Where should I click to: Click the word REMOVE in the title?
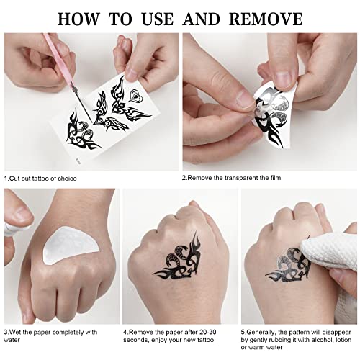tap(266, 19)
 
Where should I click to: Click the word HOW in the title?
tap(78, 19)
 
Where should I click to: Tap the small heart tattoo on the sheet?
tap(135, 96)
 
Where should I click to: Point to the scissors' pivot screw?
tap(76, 90)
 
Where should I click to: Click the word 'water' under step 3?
tap(12, 340)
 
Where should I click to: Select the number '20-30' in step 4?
tap(207, 333)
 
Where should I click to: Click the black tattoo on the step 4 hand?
tap(178, 257)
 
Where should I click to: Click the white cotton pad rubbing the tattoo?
tap(330, 261)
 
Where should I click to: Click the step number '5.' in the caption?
tap(243, 333)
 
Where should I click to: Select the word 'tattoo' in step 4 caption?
tap(206, 340)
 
